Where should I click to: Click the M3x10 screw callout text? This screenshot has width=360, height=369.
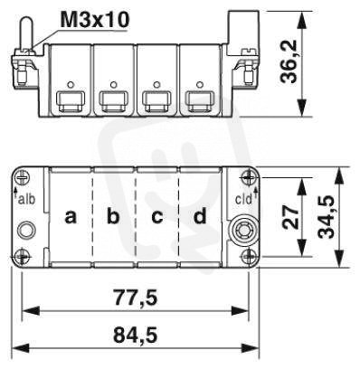95,19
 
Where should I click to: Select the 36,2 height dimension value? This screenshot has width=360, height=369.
289,61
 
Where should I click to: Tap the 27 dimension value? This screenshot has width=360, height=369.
291,217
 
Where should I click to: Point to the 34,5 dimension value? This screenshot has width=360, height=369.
327,216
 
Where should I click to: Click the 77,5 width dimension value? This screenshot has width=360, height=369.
135,297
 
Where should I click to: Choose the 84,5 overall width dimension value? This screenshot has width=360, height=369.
135,335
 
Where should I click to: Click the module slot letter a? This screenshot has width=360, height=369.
71,217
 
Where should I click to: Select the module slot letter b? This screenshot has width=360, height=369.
113,215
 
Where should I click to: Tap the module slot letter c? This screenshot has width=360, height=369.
157,217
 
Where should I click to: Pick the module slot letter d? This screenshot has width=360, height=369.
200,215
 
